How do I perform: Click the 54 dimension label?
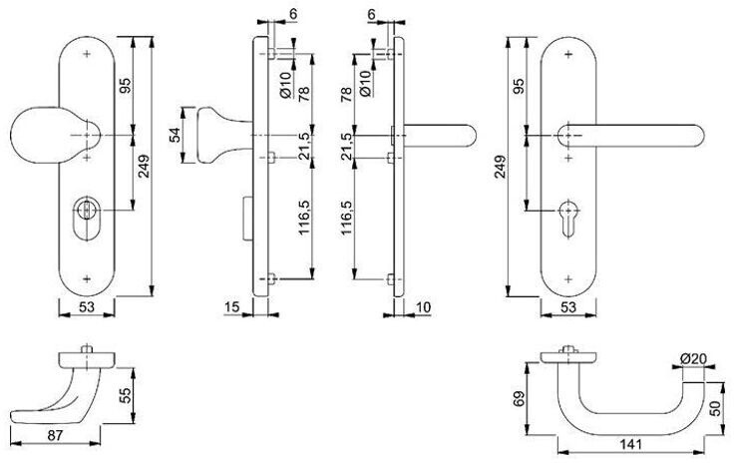pos(175,136)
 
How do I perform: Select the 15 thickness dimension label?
pos(231,307)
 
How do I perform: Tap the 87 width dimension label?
pos(55,435)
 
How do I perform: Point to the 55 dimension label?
pos(125,395)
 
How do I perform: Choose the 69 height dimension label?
pos(520,399)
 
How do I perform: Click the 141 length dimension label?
pos(630,444)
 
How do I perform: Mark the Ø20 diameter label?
pos(693,359)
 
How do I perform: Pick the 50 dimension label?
pos(716,408)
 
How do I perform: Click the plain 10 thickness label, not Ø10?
pos(423,307)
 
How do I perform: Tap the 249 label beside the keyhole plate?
pos(501,167)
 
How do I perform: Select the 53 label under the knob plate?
pos(87,307)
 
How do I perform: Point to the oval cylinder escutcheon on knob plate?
pos(87,220)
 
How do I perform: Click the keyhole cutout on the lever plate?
pos(568,220)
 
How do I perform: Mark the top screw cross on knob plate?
pos(87,54)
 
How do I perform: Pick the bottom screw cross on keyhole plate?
pos(568,279)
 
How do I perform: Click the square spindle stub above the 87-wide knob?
pos(87,349)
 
